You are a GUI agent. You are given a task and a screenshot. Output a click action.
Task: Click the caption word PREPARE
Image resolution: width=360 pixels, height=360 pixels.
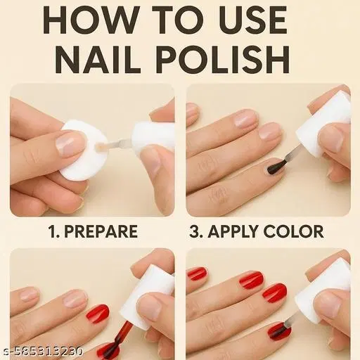coord(101,231)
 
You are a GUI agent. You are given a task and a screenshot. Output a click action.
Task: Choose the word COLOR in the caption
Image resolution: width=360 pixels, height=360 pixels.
coord(294,231)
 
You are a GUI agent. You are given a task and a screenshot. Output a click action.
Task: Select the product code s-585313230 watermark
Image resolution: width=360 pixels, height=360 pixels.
coord(41,352)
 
